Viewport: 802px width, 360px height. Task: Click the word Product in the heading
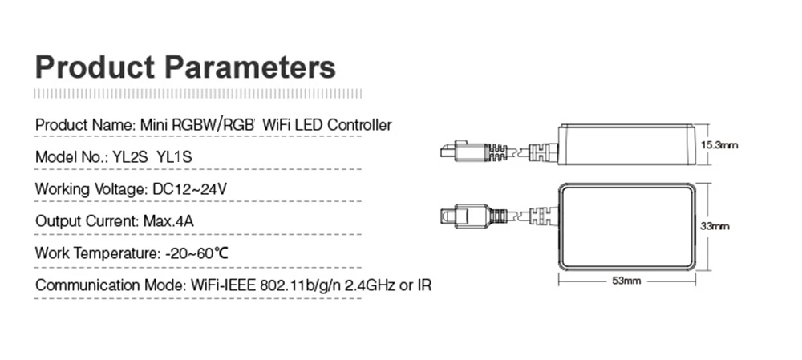tap(95, 67)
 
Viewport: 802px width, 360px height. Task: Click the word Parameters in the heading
tap(250, 67)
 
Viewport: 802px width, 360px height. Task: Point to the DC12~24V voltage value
tap(190, 189)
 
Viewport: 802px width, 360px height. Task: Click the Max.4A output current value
tap(168, 221)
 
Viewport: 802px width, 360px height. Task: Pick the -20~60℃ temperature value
tap(196, 253)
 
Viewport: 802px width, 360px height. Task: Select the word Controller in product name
tap(359, 125)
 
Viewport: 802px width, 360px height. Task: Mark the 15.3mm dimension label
tap(719, 145)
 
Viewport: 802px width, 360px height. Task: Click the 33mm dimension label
tap(715, 226)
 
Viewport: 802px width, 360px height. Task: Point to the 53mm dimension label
tap(626, 281)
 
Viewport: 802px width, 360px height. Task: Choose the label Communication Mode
tap(109, 285)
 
